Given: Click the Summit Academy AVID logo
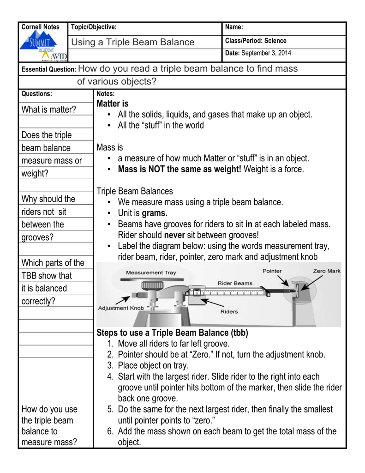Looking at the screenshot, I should tap(44, 48).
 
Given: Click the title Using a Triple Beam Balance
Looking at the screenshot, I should tap(133, 42).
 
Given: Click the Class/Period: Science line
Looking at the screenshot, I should tap(256, 41).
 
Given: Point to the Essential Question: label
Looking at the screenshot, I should tap(49, 70).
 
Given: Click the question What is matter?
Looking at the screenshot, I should tap(49, 109).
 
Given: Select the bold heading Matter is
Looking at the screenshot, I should tap(113, 103).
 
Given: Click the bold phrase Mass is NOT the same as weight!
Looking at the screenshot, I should tap(180, 170).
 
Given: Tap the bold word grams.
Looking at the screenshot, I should tap(155, 213).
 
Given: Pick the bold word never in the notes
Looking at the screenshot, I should tap(174, 235).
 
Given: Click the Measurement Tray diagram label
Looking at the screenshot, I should tap(151, 273).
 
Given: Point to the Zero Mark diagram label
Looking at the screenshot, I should tap(326, 271).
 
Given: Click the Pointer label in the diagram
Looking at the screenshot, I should tap(272, 271).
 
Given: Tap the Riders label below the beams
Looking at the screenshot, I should tap(229, 311).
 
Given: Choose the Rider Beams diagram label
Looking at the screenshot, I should tap(235, 283).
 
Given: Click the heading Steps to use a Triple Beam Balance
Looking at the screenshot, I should tap(172, 333).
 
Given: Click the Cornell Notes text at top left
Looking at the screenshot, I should tap(41, 27).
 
